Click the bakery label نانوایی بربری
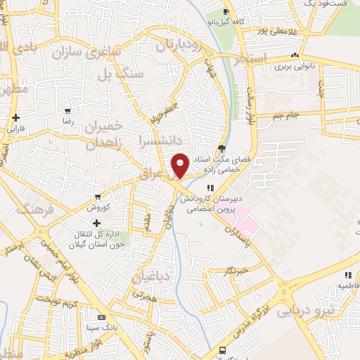[x=292, y=66]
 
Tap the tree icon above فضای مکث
[x=222, y=148]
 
